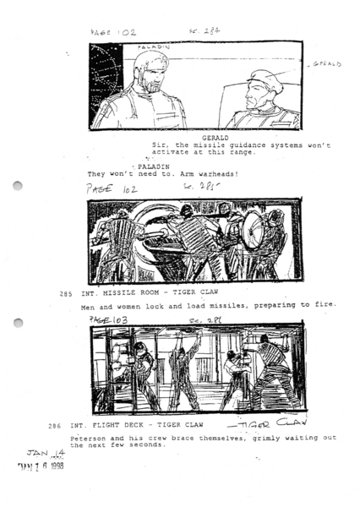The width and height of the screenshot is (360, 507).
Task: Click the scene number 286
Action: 54,426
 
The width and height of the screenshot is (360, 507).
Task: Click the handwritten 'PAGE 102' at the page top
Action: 113,31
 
